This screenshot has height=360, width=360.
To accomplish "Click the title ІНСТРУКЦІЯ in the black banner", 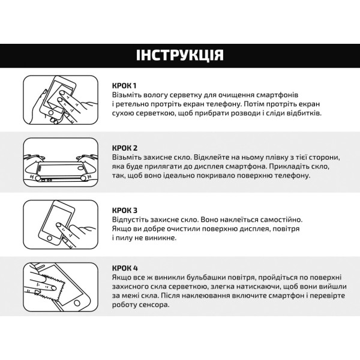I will [x=180, y=56].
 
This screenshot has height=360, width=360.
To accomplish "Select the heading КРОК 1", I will [x=125, y=85].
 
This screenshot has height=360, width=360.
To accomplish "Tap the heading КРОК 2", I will [x=125, y=148].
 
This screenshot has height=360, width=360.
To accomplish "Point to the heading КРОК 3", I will [x=125, y=210].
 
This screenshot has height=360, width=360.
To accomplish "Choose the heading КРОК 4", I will [x=125, y=266].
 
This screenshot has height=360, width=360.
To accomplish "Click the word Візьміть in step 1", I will [x=127, y=95].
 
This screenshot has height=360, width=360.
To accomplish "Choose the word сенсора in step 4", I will [x=154, y=304].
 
